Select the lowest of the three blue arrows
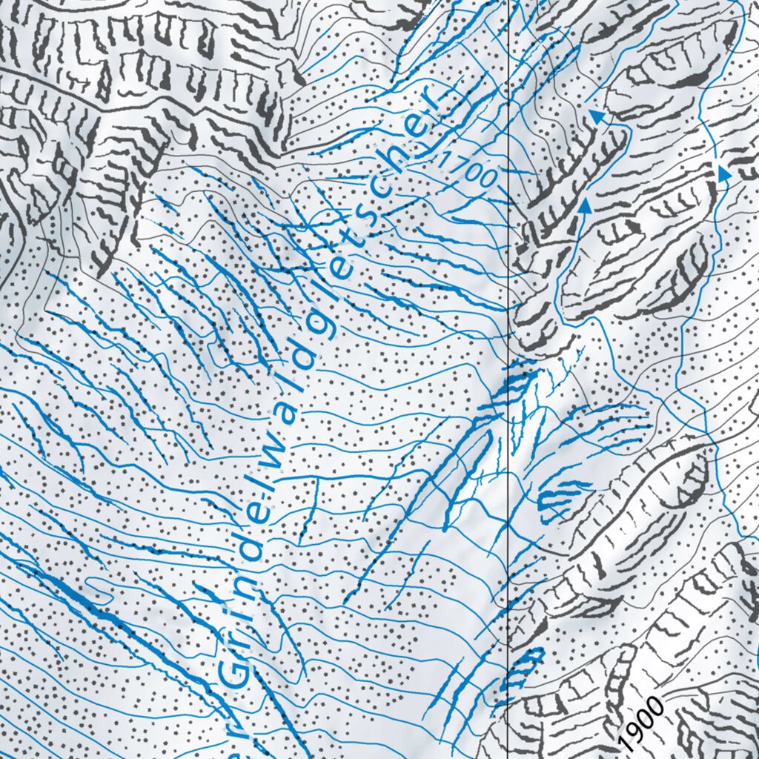pos(584,208)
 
